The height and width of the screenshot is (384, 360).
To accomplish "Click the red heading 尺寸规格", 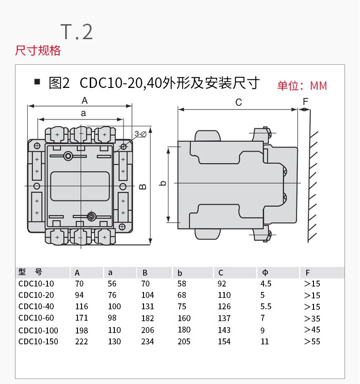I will click(x=38, y=50).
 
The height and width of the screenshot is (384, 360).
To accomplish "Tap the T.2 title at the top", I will click(x=77, y=31).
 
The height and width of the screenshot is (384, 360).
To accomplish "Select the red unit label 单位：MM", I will click(x=302, y=86).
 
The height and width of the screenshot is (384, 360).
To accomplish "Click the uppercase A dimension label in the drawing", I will click(x=84, y=101).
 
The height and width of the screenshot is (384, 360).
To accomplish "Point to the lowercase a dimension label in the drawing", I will click(x=83, y=113).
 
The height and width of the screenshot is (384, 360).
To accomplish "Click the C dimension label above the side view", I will click(x=238, y=102).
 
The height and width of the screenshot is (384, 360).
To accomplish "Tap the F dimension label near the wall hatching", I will click(x=305, y=101).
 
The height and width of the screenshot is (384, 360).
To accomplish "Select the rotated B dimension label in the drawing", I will click(x=143, y=187).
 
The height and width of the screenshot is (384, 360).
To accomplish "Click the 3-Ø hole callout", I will click(x=140, y=134).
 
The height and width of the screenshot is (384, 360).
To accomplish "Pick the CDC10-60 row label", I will click(x=36, y=318).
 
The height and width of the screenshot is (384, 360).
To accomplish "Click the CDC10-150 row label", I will click(x=38, y=341).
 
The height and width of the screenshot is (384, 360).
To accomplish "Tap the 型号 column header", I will click(x=30, y=272).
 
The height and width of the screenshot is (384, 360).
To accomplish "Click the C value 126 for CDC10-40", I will click(x=224, y=307).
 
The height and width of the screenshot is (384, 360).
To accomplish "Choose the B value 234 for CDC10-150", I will click(x=148, y=341).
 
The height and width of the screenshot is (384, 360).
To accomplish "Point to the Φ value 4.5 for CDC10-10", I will click(x=266, y=283).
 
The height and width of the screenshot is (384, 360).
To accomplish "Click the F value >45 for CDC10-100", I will click(x=312, y=330).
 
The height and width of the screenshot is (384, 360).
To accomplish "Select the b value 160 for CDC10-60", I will click(x=184, y=318).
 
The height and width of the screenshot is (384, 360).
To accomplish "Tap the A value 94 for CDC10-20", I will click(x=79, y=295).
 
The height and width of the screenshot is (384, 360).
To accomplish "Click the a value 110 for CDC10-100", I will click(x=114, y=330).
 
